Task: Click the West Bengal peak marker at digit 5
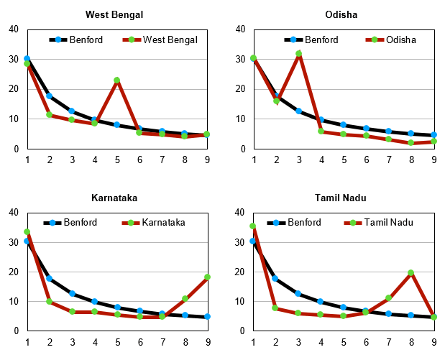[x=116, y=80]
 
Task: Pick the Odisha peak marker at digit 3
[x=298, y=54]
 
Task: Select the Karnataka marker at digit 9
[x=207, y=277]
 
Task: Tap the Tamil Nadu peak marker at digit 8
[x=411, y=272]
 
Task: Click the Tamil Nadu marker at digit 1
[x=253, y=226]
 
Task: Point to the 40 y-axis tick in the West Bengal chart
[x=14, y=29]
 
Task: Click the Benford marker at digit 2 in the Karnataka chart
[x=49, y=278]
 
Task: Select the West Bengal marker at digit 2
[x=49, y=114]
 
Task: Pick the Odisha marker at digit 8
[x=411, y=142]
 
